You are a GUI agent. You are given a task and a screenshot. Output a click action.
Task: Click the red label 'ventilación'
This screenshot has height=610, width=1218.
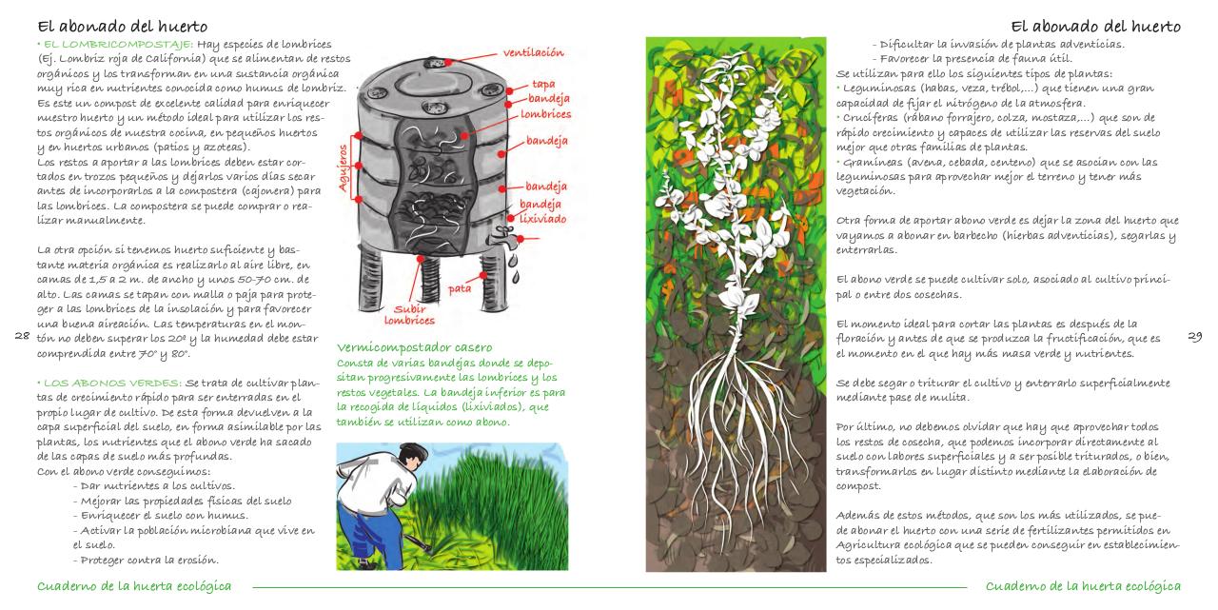point(533,52)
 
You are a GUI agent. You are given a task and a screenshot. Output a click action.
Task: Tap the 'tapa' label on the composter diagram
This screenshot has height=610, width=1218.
point(543,84)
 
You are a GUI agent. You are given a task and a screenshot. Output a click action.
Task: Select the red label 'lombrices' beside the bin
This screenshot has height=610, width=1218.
point(545,114)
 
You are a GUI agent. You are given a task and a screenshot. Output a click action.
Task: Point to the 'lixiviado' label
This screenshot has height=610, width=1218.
point(543,218)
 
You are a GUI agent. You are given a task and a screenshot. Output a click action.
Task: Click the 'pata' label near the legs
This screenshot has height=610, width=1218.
point(460,287)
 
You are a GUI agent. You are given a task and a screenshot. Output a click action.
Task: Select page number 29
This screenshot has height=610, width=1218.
point(1196,336)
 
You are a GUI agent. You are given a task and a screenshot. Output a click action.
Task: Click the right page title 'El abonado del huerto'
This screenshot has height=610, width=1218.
point(1094,26)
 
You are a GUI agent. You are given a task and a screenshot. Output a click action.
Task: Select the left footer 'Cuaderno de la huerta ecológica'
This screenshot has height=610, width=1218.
point(133,585)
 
